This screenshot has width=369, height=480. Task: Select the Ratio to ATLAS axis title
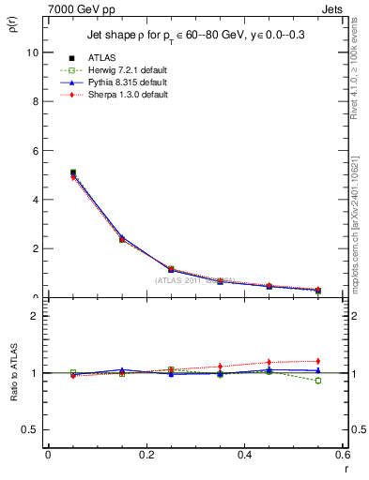coord(15,375)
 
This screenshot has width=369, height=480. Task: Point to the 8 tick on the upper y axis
coord(35,102)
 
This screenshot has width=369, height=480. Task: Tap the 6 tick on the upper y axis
coord(35,151)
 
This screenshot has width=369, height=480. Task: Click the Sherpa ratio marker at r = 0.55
coord(317,361)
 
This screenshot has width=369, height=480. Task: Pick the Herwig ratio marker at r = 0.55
coord(317,381)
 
